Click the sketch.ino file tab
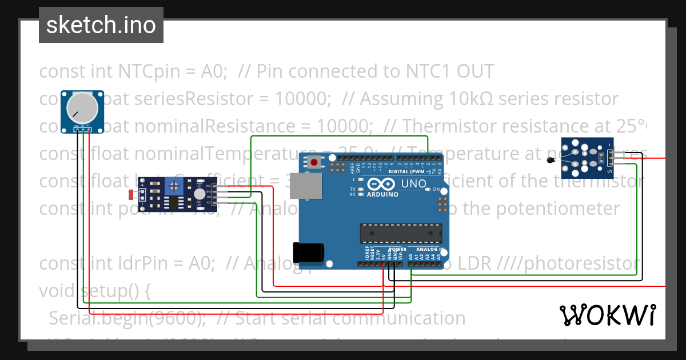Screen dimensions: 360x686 pos(101,25)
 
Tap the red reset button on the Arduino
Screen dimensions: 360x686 pos(314,162)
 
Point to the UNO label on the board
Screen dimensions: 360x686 pos(413,184)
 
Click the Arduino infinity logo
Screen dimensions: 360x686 pos(382,184)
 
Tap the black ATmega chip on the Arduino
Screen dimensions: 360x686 pos(400,233)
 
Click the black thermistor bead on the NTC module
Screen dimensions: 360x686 pos(550,161)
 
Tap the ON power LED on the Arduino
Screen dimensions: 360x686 pos(428,189)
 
